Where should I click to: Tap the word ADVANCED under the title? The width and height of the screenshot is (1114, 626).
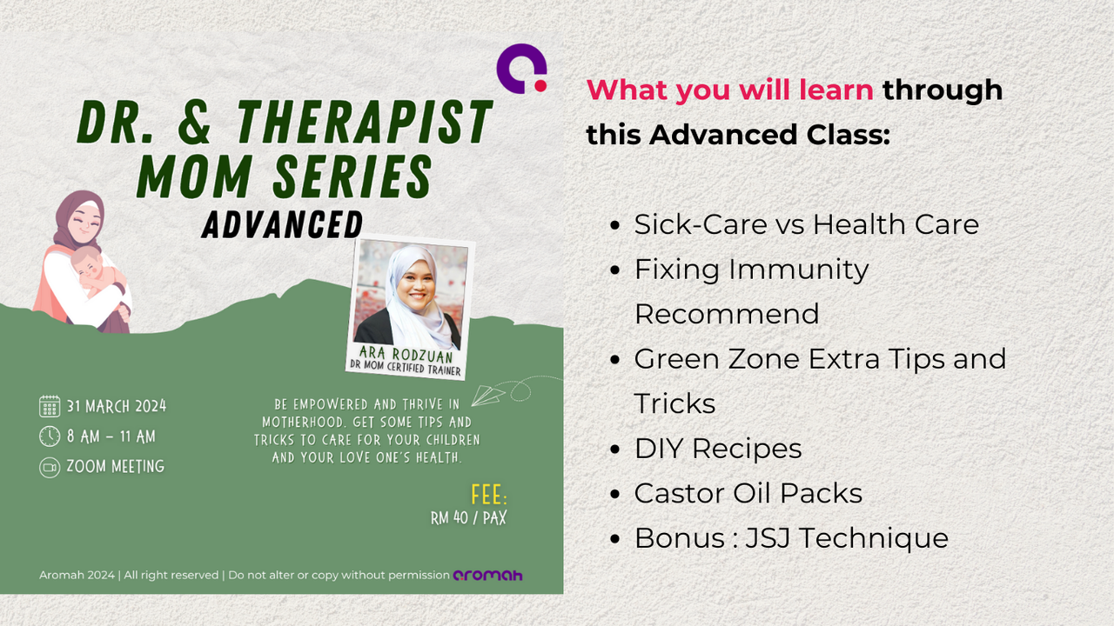(x=282, y=225)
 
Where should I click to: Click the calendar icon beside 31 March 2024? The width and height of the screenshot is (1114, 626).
(x=50, y=406)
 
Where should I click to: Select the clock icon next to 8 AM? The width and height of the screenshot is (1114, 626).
(x=50, y=436)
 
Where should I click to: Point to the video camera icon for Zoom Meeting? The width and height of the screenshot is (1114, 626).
(x=50, y=467)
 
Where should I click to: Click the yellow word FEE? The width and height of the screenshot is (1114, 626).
(x=489, y=495)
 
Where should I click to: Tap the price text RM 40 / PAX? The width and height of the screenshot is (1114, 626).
(x=468, y=517)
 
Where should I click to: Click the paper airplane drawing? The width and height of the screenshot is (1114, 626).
(x=487, y=395)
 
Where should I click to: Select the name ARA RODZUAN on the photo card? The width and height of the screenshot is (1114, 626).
(x=406, y=354)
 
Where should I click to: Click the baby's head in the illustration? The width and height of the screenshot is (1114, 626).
(x=88, y=263)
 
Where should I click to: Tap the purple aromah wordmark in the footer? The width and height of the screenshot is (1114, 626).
(x=487, y=576)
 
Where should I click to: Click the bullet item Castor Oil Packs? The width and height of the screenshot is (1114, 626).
(x=748, y=493)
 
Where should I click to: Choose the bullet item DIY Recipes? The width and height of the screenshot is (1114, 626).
(x=718, y=449)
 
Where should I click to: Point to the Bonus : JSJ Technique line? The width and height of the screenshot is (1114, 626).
(x=791, y=538)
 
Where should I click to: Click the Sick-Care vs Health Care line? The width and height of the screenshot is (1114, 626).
(x=806, y=224)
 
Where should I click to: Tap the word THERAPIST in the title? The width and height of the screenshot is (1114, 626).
(x=365, y=122)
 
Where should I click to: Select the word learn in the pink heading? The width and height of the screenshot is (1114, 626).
(x=835, y=90)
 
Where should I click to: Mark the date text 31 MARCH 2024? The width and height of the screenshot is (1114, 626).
(x=117, y=406)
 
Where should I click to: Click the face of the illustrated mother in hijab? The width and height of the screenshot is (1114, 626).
(x=84, y=223)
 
